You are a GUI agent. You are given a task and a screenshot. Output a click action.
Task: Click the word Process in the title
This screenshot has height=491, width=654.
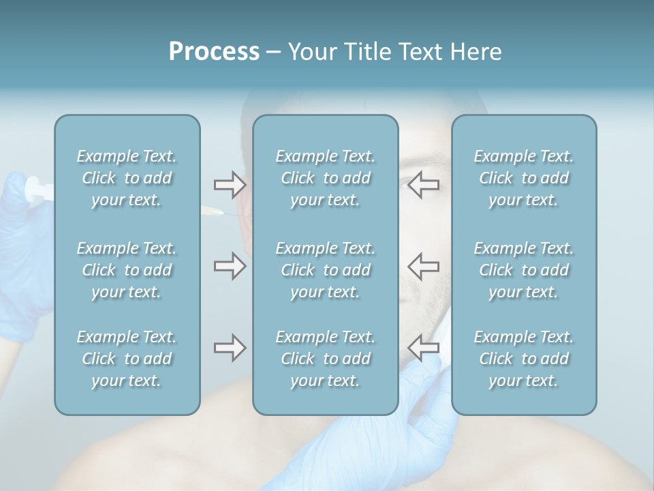pyautogui.click(x=214, y=52)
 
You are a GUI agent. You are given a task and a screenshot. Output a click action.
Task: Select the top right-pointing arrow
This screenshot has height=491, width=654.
pyautogui.click(x=230, y=184)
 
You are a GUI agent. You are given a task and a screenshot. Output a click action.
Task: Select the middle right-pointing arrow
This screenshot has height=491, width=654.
pyautogui.click(x=230, y=266)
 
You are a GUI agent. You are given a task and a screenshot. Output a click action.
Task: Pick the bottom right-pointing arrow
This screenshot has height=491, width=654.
pyautogui.click(x=230, y=348)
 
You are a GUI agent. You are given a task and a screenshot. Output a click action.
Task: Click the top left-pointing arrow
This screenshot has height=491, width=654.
pyautogui.click(x=424, y=184)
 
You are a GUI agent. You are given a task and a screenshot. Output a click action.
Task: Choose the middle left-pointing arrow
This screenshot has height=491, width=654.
pyautogui.click(x=424, y=266)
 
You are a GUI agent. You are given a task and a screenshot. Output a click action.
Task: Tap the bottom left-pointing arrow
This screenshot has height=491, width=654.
pyautogui.click(x=424, y=348)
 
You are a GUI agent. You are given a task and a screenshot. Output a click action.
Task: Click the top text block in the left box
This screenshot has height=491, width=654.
pyautogui.click(x=127, y=178)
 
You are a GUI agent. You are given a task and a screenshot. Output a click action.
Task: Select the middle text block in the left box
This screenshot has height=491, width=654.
pyautogui.click(x=127, y=270)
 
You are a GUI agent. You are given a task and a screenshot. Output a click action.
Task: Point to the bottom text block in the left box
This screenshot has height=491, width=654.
pyautogui.click(x=127, y=359)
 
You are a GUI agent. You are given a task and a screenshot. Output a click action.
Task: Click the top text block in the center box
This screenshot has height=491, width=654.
pyautogui.click(x=326, y=178)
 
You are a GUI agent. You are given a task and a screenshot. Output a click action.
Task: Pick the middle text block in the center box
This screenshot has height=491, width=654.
pyautogui.click(x=326, y=270)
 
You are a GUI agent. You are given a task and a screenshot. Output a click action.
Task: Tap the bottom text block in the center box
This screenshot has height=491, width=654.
pyautogui.click(x=326, y=359)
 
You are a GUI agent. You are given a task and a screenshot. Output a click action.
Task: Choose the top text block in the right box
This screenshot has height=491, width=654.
pyautogui.click(x=524, y=178)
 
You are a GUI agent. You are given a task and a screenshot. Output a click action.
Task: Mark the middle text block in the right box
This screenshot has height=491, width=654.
pyautogui.click(x=524, y=270)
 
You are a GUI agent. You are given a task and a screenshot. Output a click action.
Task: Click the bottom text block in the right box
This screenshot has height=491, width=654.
pyautogui.click(x=524, y=359)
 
